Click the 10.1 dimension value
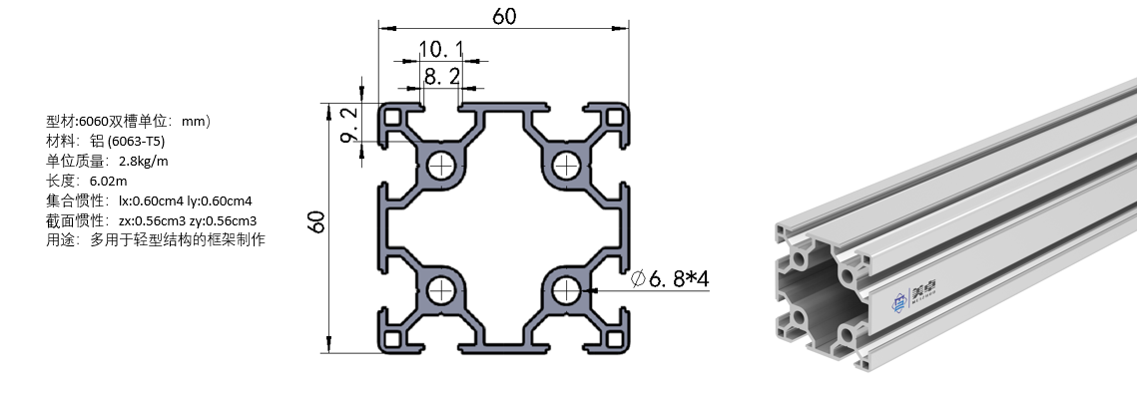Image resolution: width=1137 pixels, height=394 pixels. coord(441,49)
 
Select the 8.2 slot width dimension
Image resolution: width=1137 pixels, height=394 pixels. coord(441,76)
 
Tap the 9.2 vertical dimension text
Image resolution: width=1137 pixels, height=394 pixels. coord(348,124)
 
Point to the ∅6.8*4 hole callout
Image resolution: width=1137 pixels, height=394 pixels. coord(669,278)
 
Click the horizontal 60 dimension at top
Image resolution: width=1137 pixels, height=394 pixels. coord(504,15)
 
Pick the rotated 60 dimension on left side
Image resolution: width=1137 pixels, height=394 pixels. coord(316,221)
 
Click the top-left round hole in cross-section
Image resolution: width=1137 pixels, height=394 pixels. coord(440,166)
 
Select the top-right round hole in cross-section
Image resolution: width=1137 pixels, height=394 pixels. coord(565,166)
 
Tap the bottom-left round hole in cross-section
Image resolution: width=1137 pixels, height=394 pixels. coord(440,291)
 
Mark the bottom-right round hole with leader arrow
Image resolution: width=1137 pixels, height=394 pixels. coord(565,291)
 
